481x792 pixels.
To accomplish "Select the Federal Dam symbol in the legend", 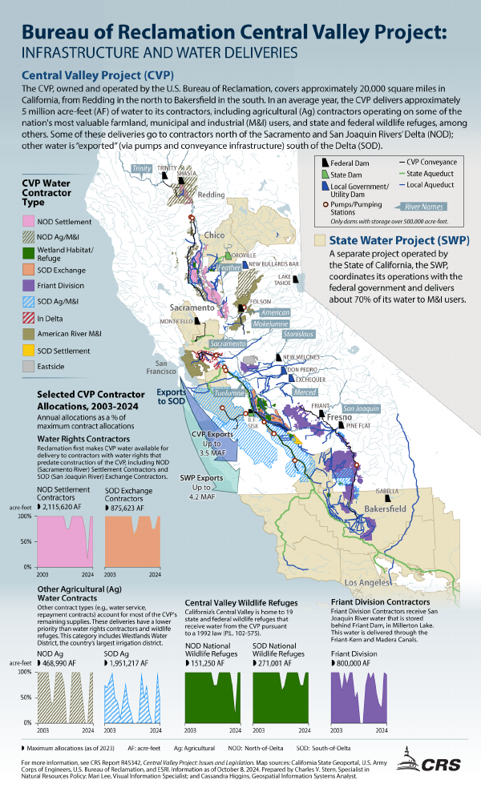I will (x=325, y=163).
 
